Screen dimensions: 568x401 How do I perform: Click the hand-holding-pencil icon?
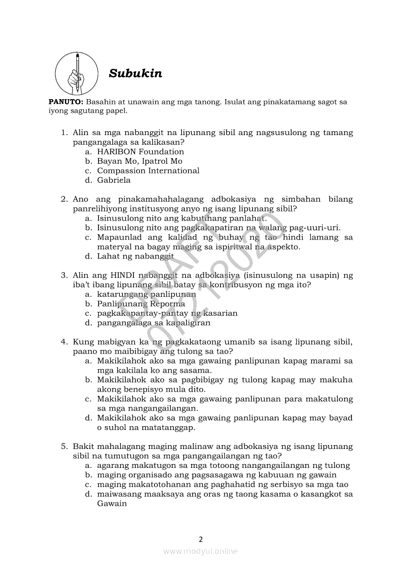click(75, 73)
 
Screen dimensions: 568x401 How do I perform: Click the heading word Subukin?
click(135, 74)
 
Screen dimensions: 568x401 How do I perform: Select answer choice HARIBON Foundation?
click(140, 152)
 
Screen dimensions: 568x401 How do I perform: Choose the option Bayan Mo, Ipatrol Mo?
click(139, 161)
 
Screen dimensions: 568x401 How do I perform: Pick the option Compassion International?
click(148, 171)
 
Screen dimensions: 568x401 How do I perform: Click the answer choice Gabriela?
click(114, 180)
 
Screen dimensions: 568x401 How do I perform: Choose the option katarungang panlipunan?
click(146, 294)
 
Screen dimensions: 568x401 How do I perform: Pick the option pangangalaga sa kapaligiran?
click(153, 323)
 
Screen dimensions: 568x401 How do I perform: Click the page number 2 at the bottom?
click(200, 539)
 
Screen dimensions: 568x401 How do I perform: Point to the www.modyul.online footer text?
click(200, 551)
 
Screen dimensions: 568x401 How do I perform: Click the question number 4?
click(63, 342)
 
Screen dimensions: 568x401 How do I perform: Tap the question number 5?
click(63, 446)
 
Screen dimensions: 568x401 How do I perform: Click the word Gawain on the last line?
click(112, 503)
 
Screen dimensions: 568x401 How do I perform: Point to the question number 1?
click(63, 133)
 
